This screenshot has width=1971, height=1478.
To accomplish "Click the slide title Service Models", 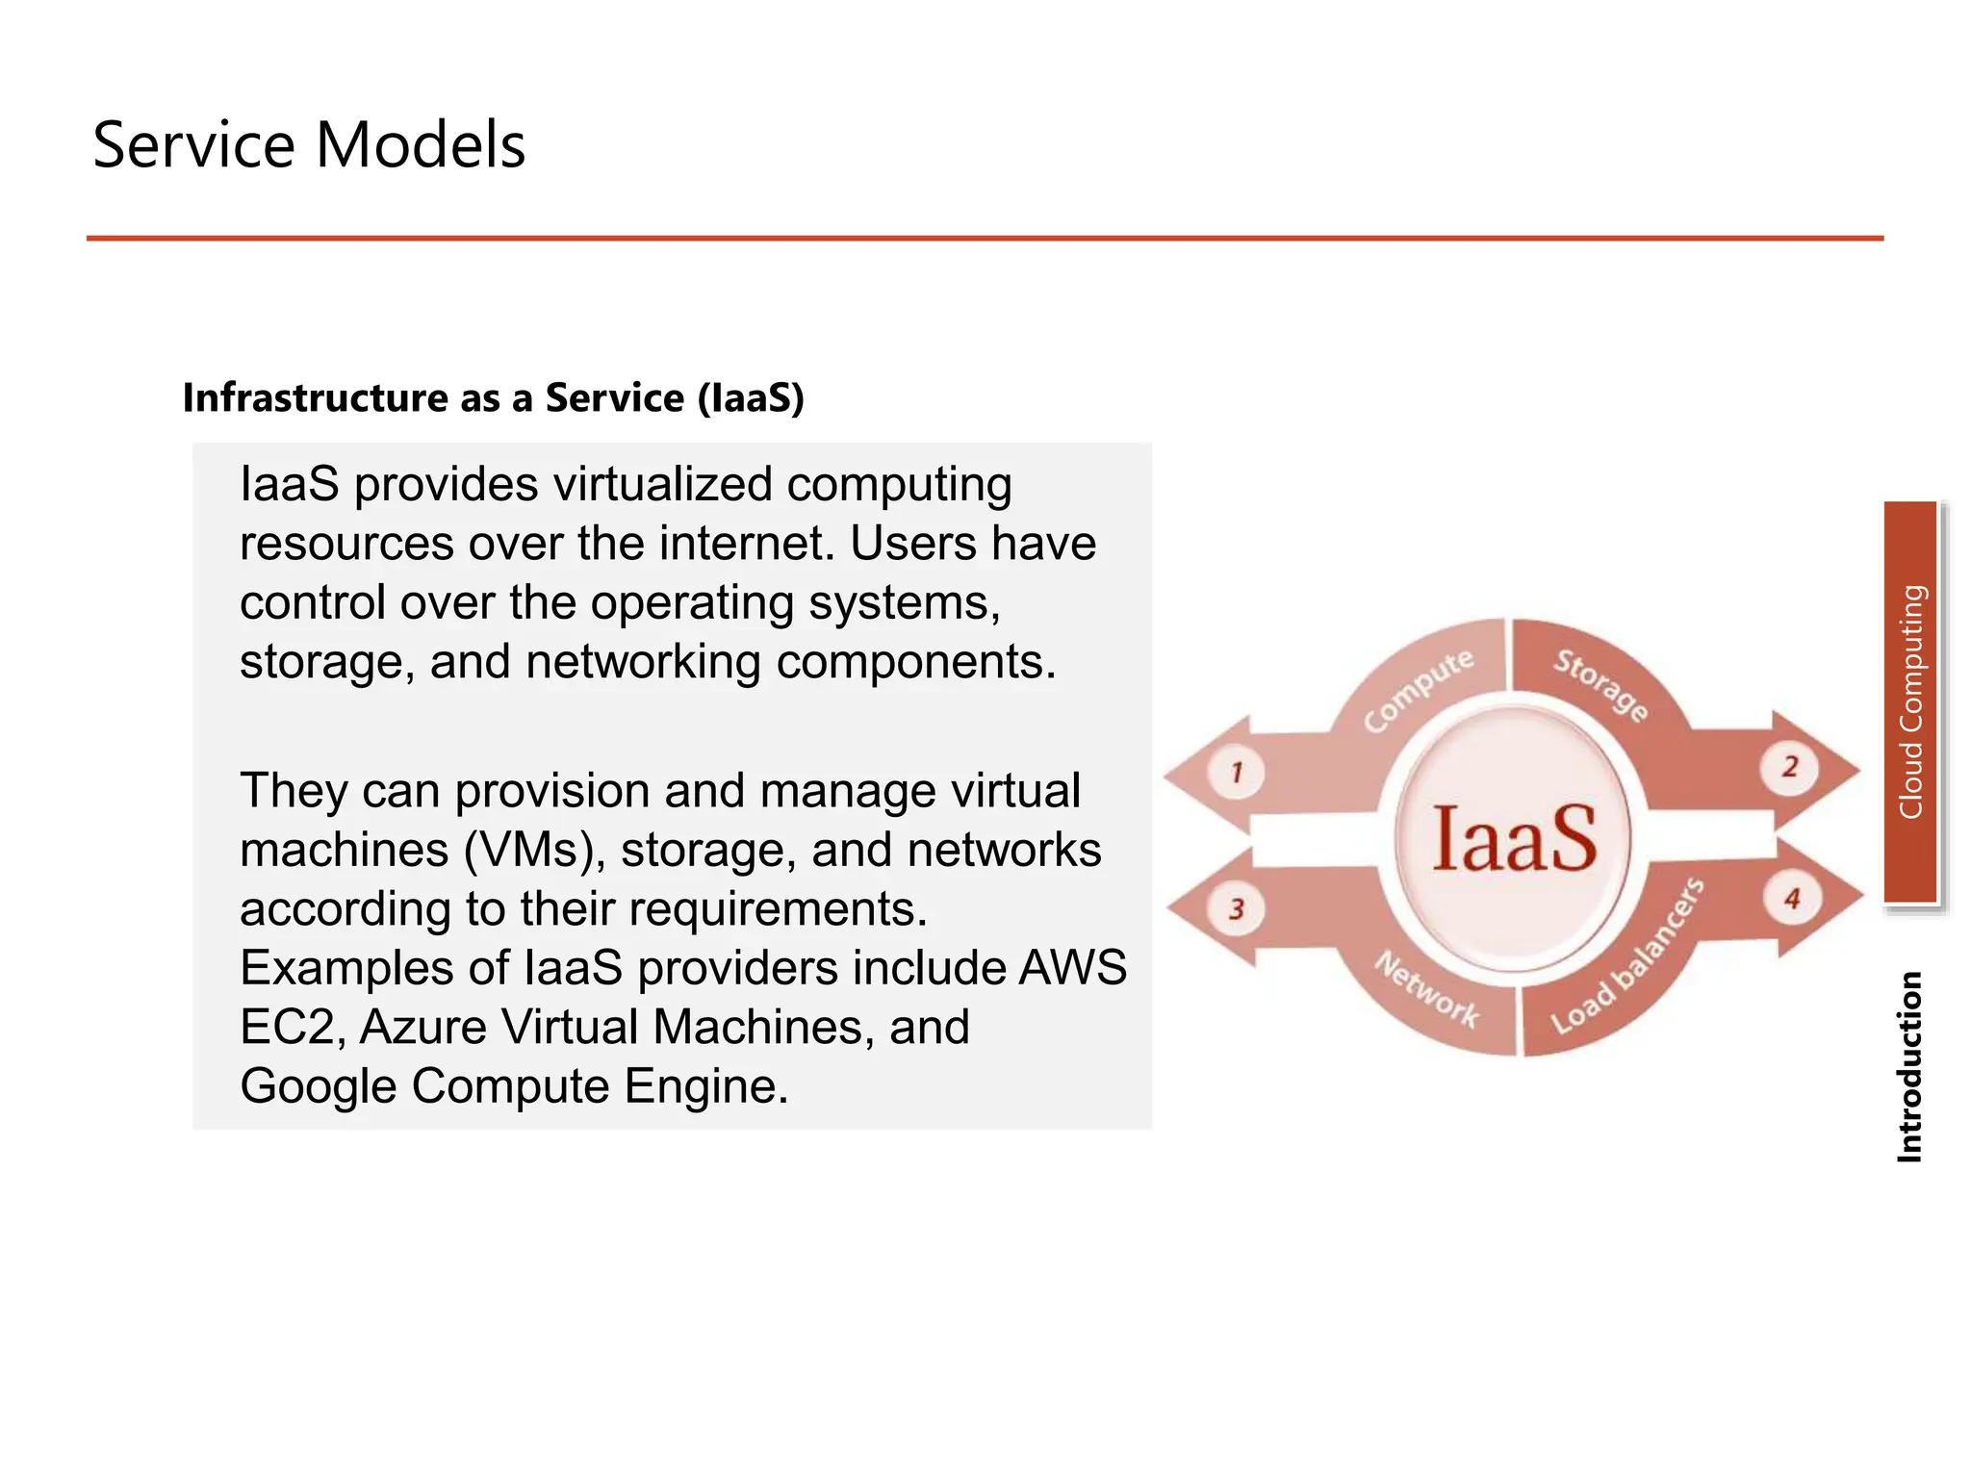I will [x=309, y=145].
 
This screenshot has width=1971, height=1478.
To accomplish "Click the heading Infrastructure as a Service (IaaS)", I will [x=493, y=397].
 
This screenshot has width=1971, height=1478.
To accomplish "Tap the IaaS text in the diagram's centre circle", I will [x=1514, y=839].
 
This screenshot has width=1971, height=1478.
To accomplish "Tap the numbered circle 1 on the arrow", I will [x=1237, y=771].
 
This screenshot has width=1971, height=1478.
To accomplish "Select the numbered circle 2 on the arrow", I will [x=1790, y=767].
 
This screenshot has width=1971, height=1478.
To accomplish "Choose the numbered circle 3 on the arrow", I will [x=1237, y=908].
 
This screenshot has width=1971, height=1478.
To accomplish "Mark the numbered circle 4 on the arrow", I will [x=1792, y=900].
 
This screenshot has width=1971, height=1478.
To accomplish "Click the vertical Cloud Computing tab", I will [x=1910, y=702].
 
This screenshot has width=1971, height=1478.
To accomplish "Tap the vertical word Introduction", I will [x=1909, y=1066].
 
